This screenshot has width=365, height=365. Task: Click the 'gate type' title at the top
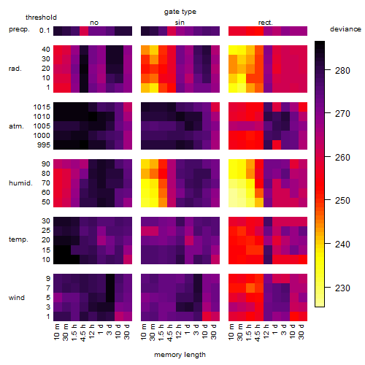(x=180, y=12)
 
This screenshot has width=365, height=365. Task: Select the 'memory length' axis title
(x=180, y=355)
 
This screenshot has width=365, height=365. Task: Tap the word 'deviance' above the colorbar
(x=345, y=29)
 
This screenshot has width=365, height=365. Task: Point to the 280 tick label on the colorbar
(x=342, y=71)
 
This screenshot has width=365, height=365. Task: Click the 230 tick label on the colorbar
(x=342, y=288)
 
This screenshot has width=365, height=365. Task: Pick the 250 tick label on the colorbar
(x=342, y=201)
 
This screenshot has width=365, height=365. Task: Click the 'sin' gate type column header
(x=180, y=23)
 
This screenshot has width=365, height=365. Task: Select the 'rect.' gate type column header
(x=266, y=23)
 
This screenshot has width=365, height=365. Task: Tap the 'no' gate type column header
(x=94, y=23)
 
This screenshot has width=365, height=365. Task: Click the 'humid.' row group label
(x=20, y=183)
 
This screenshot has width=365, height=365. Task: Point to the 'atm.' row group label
(x=16, y=126)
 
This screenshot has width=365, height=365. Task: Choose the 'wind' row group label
(x=17, y=298)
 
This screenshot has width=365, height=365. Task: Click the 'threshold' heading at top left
(x=41, y=18)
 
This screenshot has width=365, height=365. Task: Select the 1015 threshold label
(x=42, y=107)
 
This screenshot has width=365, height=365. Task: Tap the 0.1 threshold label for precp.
(x=45, y=31)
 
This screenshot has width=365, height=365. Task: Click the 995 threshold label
(x=44, y=145)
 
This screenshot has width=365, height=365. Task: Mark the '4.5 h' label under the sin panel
(x=170, y=332)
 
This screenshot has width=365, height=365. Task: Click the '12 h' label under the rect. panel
(x=266, y=331)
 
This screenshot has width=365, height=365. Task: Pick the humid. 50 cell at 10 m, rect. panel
(x=233, y=202)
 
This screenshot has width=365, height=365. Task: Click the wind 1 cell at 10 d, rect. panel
(x=294, y=316)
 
